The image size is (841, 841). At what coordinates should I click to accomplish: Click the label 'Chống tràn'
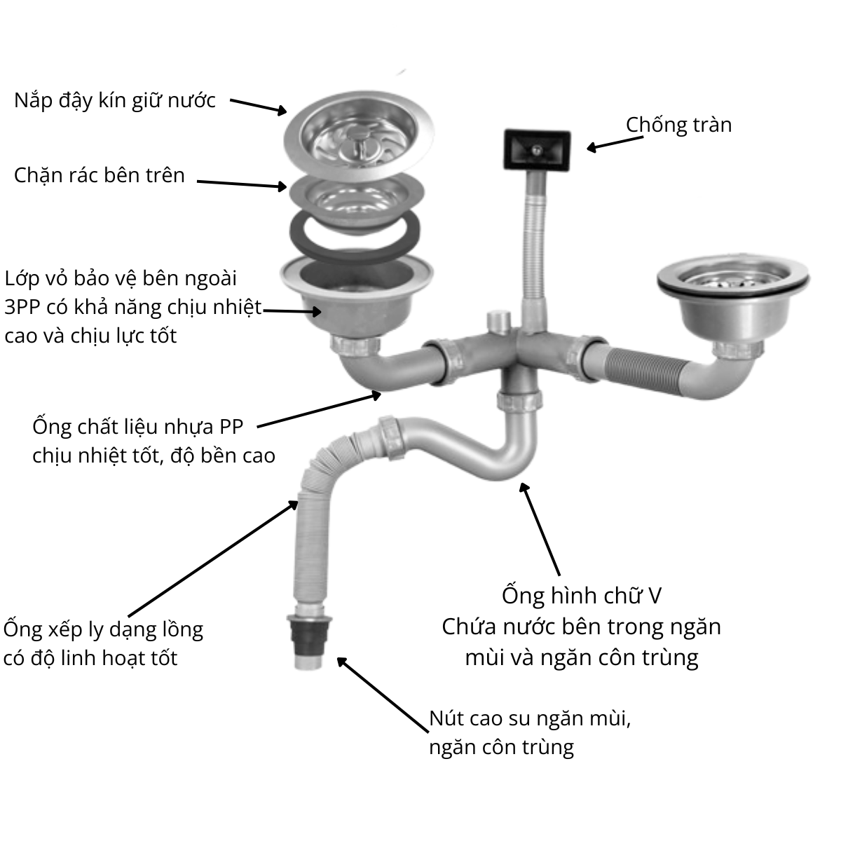coord(678,125)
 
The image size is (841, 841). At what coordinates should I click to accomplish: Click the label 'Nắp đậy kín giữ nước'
coord(115,100)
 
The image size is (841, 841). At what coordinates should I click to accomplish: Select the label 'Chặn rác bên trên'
coord(100,175)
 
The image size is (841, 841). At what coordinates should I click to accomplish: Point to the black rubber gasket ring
coord(356,232)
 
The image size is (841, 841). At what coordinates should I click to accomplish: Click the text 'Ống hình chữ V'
coord(582,596)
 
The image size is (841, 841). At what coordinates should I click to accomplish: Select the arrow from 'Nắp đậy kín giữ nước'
coord(258,106)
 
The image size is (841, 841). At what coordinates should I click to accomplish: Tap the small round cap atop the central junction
coord(498,322)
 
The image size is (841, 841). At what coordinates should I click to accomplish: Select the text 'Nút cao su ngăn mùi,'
coord(531,718)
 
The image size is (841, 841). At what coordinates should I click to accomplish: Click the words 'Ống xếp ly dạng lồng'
coord(103,629)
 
